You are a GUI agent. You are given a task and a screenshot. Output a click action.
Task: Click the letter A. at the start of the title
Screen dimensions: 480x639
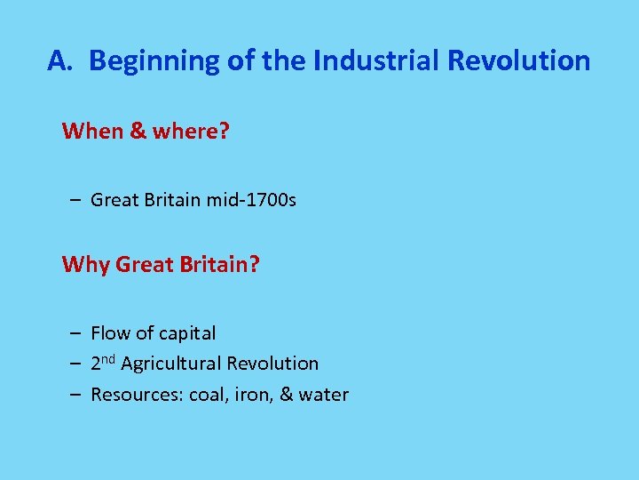coord(61,60)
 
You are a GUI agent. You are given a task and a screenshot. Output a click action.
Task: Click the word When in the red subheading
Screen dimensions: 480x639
coord(92,132)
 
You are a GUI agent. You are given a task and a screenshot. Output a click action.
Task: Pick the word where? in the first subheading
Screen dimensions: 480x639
coord(191,132)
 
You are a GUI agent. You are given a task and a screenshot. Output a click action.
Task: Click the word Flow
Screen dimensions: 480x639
coord(110,333)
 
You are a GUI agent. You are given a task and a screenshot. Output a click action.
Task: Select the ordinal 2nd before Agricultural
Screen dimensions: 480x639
coord(103,363)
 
